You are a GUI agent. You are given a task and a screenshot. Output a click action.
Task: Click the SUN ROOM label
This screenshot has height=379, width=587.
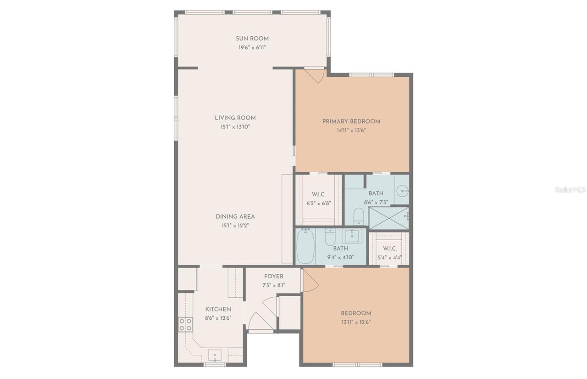(x=252, y=39)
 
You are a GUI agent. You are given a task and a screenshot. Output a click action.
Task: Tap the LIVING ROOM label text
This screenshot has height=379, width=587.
(x=235, y=118)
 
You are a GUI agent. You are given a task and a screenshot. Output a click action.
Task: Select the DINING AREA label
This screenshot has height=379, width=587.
(x=235, y=217)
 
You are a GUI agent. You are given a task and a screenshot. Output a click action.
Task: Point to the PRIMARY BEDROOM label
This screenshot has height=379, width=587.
(x=351, y=122)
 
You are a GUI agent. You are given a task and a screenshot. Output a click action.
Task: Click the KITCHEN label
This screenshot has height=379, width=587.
(x=218, y=309)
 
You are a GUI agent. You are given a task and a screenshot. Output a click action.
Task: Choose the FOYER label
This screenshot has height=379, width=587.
(x=274, y=277)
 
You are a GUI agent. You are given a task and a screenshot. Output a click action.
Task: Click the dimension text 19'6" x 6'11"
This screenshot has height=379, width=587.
(x=252, y=47)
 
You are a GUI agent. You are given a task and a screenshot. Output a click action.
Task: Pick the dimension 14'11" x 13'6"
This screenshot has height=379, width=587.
(x=351, y=130)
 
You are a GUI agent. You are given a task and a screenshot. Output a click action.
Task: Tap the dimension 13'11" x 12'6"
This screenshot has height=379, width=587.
(x=356, y=322)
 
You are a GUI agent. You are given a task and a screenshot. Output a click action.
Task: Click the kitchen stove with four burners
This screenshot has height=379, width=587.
(x=185, y=324)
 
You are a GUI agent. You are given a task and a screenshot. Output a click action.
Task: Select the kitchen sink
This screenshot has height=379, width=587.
(x=215, y=355)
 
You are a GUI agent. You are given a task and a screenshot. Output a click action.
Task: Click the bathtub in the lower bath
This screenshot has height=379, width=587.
(x=305, y=246)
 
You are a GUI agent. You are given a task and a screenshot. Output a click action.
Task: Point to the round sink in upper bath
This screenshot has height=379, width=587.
(x=402, y=191)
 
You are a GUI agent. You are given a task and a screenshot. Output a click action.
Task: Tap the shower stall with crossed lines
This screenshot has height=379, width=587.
(x=389, y=218)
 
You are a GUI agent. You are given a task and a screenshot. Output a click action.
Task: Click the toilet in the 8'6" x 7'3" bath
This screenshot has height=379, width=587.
(x=359, y=216)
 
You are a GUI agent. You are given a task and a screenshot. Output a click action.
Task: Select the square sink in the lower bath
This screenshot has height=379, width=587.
(x=352, y=236)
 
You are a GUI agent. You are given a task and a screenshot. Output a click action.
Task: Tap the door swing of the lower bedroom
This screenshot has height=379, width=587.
(x=311, y=280)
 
